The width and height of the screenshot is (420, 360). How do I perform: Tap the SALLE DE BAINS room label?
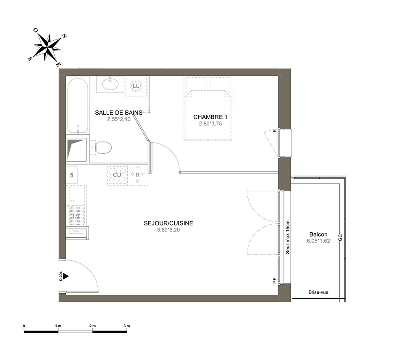119,113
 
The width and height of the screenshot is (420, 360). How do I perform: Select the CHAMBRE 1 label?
210,117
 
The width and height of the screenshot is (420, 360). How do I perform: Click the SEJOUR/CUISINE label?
168,223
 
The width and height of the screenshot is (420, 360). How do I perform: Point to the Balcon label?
318,234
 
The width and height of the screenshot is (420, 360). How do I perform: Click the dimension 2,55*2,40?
119,119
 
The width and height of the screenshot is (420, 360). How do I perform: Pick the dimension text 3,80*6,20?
168,230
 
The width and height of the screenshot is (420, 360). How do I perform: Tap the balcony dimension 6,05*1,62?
318,241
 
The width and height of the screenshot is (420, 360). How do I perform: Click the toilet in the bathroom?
100,147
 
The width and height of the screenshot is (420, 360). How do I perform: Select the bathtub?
78,106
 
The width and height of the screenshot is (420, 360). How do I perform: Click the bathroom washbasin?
110,84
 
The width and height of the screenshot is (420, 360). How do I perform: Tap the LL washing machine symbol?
136,86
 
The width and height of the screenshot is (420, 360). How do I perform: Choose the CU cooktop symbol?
117,176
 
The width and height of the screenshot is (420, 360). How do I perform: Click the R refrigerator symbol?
138,176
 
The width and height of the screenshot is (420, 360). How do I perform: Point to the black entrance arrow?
66,276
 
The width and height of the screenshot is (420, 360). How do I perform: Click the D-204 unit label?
61,276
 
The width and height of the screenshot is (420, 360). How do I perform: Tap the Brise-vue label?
318,292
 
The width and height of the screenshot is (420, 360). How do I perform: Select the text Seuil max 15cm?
288,237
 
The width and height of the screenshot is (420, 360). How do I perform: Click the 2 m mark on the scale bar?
92,326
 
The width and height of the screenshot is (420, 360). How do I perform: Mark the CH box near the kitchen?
72,175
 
